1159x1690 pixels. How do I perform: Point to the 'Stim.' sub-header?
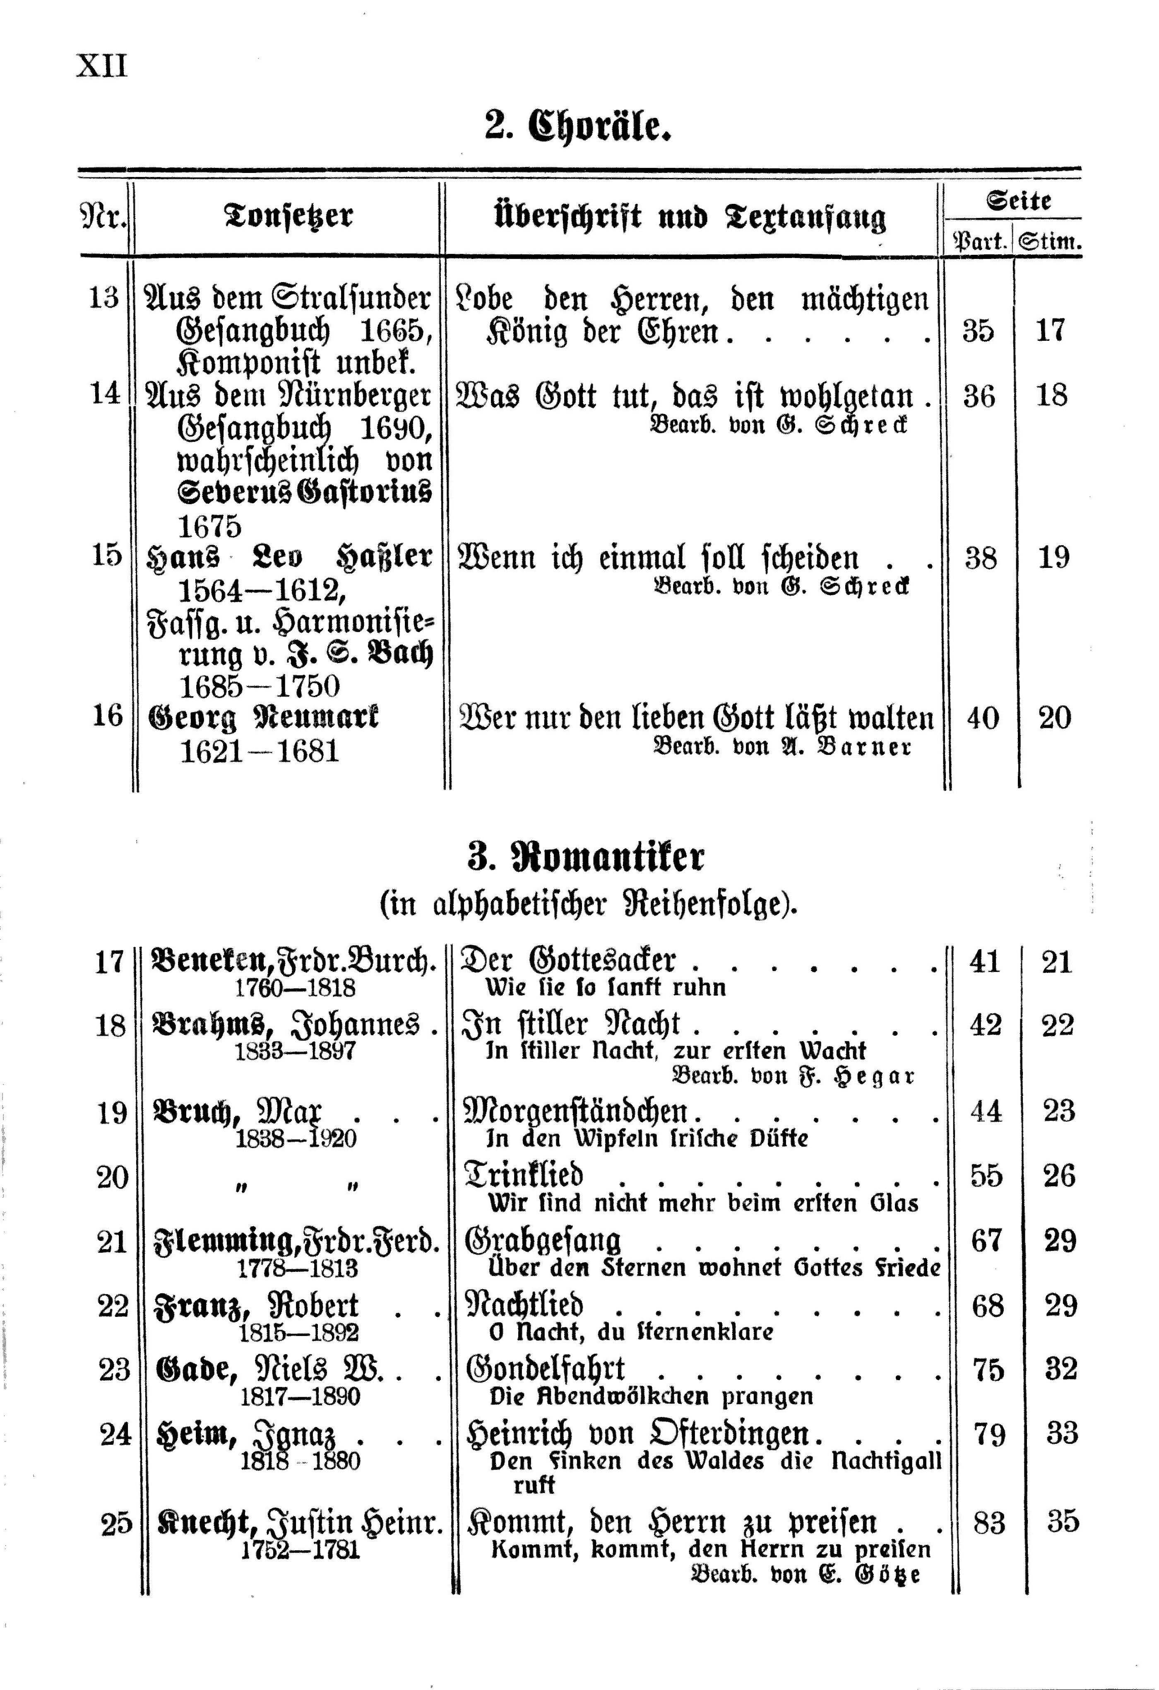(x=1049, y=241)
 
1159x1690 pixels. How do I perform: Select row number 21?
(x=112, y=1240)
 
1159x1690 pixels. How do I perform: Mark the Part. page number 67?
(x=986, y=1240)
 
